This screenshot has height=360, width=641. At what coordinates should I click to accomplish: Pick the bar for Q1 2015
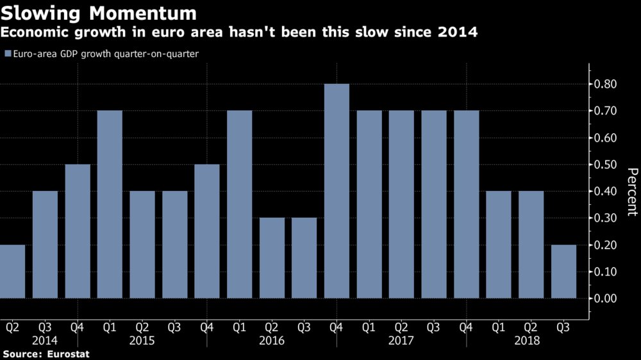[110, 204]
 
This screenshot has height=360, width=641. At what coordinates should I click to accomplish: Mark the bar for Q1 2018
[499, 244]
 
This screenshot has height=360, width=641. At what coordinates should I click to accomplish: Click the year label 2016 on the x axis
[272, 341]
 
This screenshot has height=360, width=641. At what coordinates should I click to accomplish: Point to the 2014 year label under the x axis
[45, 341]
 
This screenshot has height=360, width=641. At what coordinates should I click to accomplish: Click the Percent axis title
[632, 192]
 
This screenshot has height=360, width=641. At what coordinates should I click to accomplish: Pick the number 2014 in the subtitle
[457, 32]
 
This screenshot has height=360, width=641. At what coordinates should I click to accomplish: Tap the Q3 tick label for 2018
[563, 327]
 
